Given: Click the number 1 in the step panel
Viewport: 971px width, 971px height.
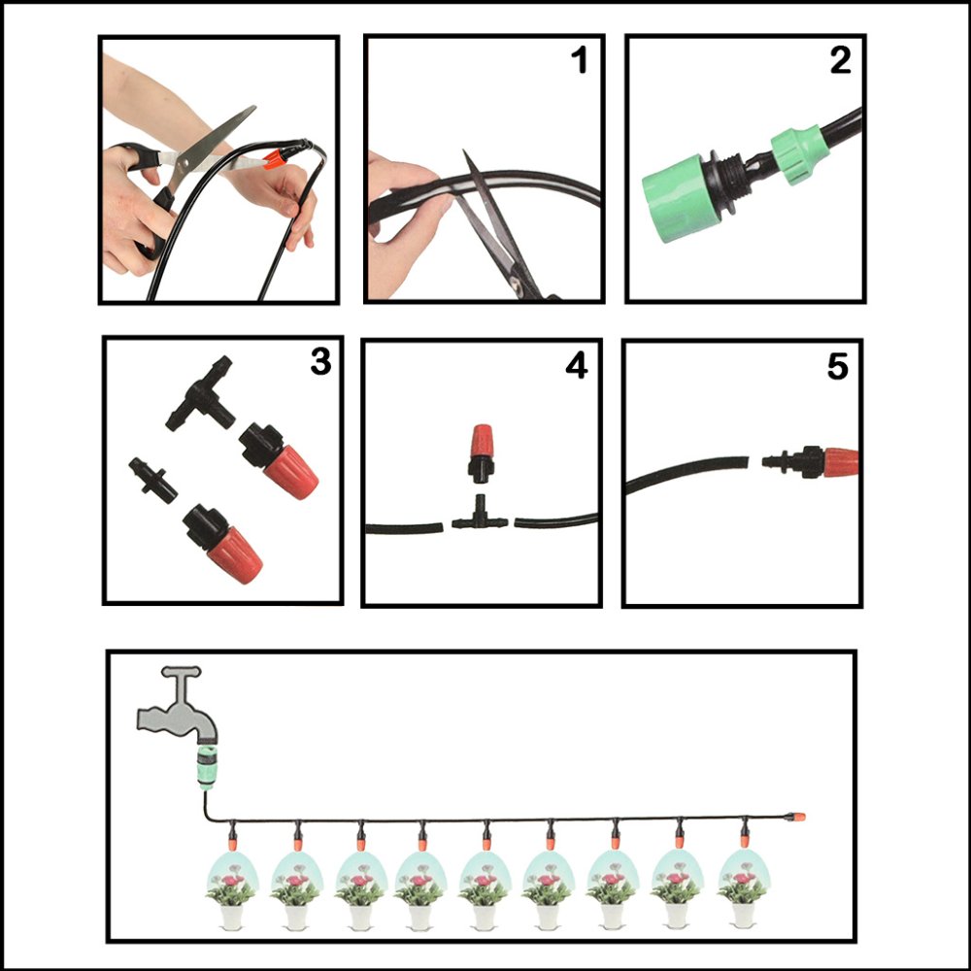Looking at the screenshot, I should [x=579, y=62].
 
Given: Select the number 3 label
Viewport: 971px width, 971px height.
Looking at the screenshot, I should [x=320, y=362].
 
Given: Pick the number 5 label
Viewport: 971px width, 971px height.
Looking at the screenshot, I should [x=837, y=366].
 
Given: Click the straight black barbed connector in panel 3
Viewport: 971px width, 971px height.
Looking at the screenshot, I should [x=152, y=482].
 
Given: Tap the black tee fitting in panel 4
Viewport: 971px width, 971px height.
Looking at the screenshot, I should [x=480, y=515].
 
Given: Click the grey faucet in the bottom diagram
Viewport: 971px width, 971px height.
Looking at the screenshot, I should [x=180, y=707].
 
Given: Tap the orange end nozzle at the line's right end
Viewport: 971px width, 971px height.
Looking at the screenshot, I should [x=797, y=817].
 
